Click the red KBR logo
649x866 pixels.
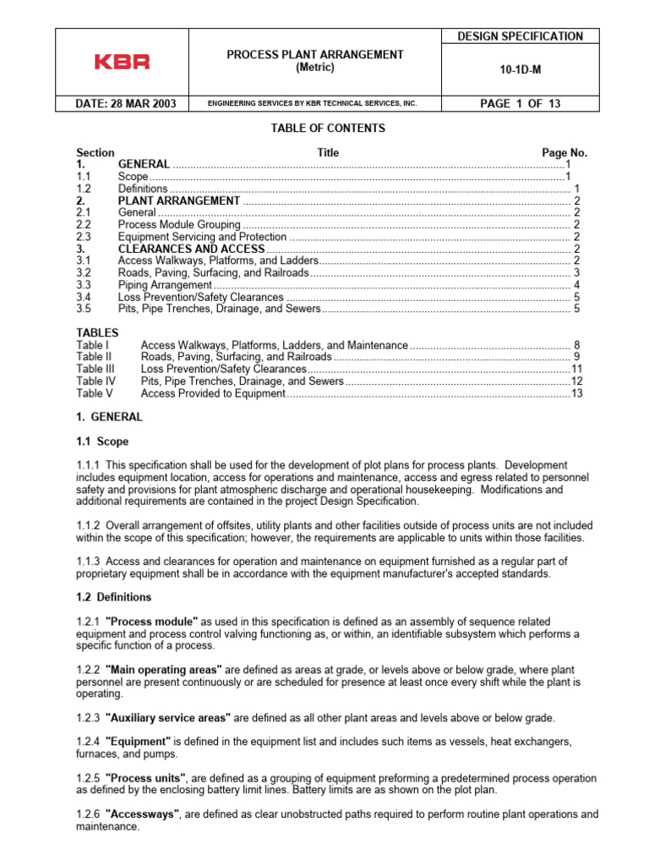click(x=123, y=62)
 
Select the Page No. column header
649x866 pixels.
click(x=564, y=153)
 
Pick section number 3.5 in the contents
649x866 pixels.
click(x=84, y=310)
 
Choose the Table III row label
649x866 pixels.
click(x=94, y=370)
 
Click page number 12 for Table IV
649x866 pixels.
click(x=577, y=381)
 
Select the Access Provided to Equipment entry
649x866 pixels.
click(x=213, y=393)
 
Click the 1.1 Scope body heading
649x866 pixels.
click(x=102, y=441)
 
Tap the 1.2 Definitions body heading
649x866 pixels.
click(x=114, y=597)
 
